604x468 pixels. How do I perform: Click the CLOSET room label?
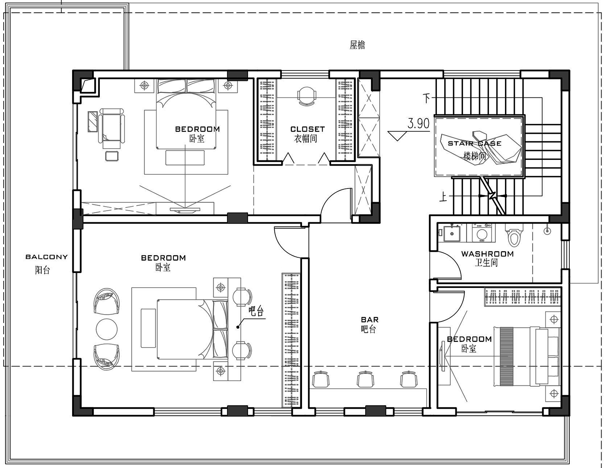[307, 129]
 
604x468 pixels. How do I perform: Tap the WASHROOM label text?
[487, 254]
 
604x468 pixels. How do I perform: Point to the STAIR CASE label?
[474, 143]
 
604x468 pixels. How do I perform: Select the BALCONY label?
[46, 257]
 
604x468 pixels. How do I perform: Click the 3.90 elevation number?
[418, 123]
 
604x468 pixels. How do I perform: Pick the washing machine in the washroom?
[482, 233]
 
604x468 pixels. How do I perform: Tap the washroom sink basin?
[452, 234]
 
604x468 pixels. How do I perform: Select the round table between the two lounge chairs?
[106, 329]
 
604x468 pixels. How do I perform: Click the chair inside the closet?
[306, 96]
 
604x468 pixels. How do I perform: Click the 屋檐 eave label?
[357, 45]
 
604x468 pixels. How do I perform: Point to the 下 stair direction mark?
[427, 98]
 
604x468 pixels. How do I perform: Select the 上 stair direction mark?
[443, 197]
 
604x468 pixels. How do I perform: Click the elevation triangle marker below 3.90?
[397, 136]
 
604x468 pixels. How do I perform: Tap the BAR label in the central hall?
[370, 320]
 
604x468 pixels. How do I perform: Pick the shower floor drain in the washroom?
[547, 231]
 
